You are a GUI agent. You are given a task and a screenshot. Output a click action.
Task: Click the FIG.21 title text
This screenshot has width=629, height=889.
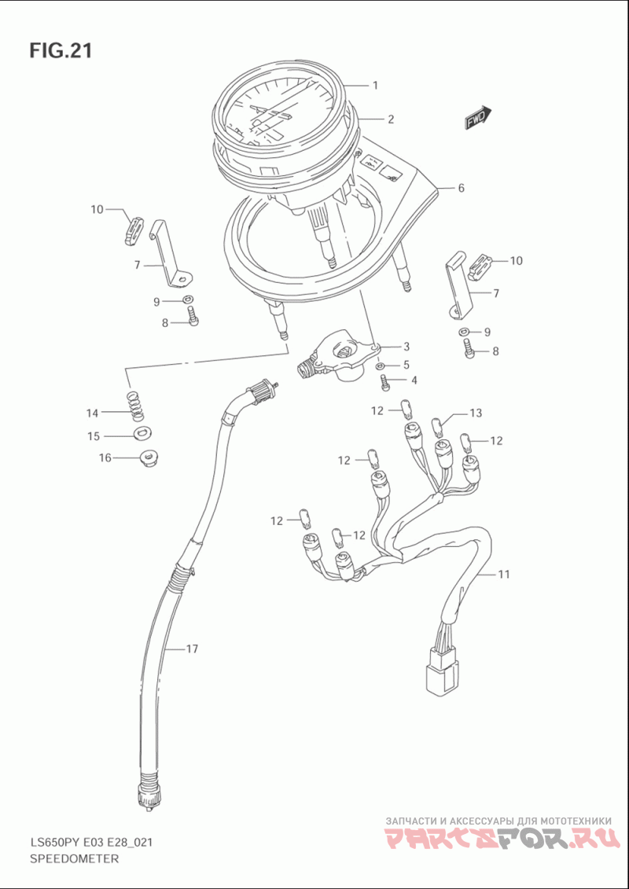click(x=61, y=51)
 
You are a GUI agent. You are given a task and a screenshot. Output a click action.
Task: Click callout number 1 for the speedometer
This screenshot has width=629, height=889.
click(x=376, y=85)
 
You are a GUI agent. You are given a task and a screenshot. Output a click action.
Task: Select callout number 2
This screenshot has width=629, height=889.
click(x=390, y=119)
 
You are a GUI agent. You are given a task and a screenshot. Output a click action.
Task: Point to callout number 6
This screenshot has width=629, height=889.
click(x=461, y=188)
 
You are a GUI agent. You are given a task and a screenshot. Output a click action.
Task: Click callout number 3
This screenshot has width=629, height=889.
click(x=406, y=347)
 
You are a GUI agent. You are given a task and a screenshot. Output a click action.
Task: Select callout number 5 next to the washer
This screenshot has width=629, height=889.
click(x=406, y=365)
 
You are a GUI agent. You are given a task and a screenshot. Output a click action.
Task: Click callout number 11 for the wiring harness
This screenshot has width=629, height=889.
click(x=503, y=575)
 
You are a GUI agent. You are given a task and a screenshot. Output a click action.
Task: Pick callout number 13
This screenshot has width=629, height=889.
click(x=475, y=413)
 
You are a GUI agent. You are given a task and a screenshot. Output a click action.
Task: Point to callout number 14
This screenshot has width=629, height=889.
click(x=93, y=413)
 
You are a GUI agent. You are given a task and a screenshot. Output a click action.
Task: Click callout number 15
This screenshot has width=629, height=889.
click(x=93, y=436)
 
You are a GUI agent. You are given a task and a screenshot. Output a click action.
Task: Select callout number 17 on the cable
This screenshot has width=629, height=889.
click(x=192, y=649)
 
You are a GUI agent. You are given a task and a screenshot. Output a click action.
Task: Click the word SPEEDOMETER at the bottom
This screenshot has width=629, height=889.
click(x=74, y=859)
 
